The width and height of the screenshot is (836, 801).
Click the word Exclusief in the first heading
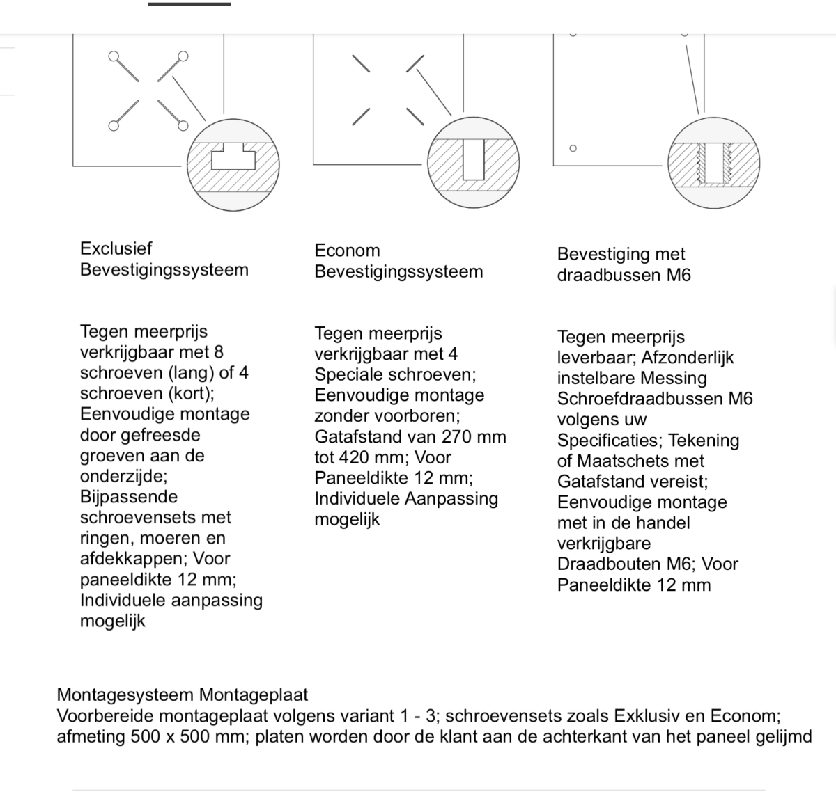coord(116,248)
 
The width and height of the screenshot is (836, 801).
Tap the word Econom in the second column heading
coord(347,251)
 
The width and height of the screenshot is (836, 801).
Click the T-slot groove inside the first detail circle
coord(234,157)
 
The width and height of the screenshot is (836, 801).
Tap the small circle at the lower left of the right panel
coord(573,148)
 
